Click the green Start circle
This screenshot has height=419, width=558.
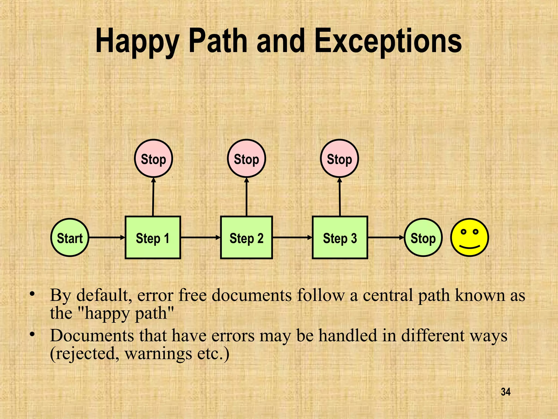[70, 238]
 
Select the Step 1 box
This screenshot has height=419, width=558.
[153, 238]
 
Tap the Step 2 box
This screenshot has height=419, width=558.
[246, 238]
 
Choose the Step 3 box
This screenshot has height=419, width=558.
[340, 238]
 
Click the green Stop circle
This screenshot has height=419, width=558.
[423, 238]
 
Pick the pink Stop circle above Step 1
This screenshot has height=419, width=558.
[153, 158]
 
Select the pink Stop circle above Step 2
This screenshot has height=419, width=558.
[246, 158]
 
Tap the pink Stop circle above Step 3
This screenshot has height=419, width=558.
[339, 158]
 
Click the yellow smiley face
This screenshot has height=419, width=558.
[469, 237]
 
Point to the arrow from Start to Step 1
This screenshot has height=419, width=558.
[107, 238]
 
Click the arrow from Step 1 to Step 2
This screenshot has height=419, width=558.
[201, 238]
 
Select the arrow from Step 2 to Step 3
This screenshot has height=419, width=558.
[292, 238]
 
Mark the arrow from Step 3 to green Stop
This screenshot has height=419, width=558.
[386, 238]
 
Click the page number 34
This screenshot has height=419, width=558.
[506, 392]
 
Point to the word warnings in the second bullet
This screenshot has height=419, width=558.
[158, 354]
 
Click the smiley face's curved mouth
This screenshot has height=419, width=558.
[469, 247]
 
